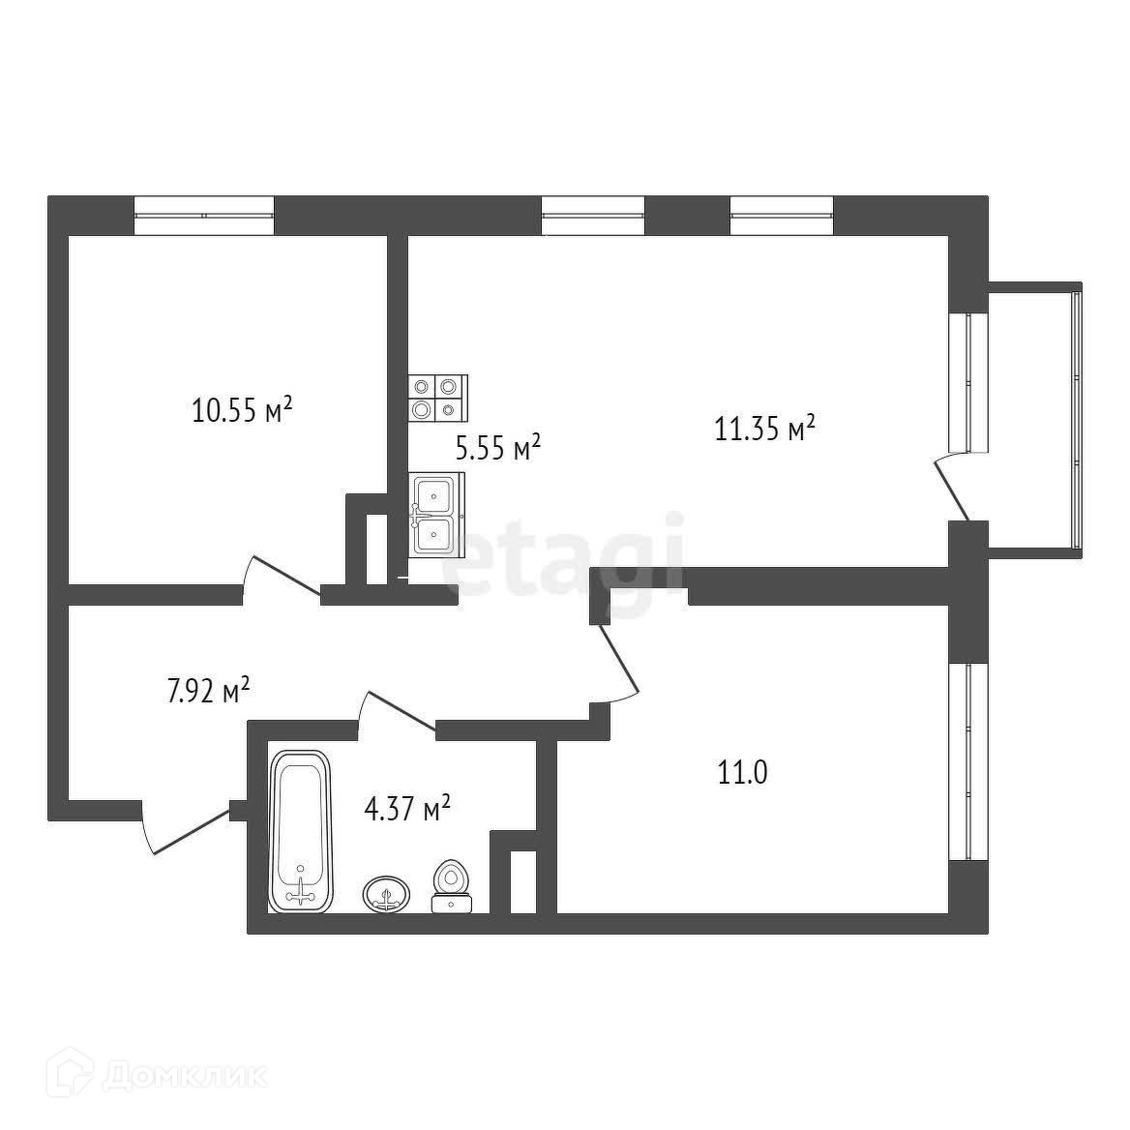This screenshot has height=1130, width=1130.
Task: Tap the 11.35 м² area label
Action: [x=764, y=429]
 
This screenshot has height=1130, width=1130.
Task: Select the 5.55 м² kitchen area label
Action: [x=498, y=448]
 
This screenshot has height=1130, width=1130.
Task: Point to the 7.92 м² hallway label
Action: [x=208, y=691]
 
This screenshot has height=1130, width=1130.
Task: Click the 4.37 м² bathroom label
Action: [x=407, y=809]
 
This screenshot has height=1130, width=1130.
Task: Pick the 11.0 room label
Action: [x=742, y=773]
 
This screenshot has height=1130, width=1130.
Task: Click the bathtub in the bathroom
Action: [x=300, y=831]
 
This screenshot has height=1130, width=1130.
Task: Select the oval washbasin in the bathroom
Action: [x=386, y=894]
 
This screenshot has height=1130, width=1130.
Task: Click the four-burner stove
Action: [x=438, y=398]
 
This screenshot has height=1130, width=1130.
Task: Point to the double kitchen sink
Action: [x=436, y=514]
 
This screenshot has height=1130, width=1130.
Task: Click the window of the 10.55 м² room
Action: [x=204, y=216]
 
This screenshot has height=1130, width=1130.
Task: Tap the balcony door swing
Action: [x=951, y=488]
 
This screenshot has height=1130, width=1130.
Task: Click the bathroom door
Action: [x=397, y=711]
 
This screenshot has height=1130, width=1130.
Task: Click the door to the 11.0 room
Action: [x=617, y=663]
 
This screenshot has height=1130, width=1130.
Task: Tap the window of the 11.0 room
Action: [x=967, y=761]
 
